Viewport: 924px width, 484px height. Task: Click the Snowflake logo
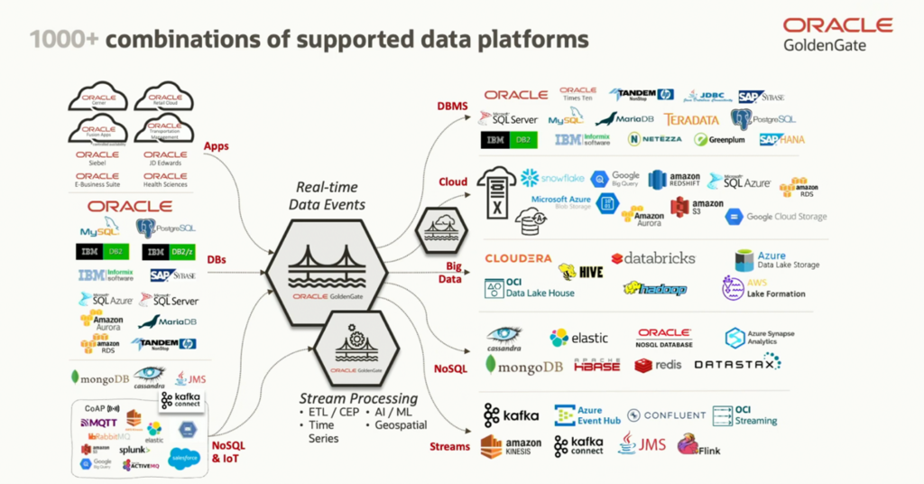tap(552, 178)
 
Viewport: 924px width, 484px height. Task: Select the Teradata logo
tap(691, 119)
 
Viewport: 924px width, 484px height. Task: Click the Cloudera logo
tap(518, 258)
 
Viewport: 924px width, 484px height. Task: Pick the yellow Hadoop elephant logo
tap(655, 288)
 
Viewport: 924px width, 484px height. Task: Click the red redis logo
tap(657, 365)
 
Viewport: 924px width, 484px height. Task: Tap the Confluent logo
tap(667, 415)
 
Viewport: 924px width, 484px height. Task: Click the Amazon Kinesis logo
tap(511, 446)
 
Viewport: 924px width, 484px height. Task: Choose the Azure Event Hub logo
tap(587, 415)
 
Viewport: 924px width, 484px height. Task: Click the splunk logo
tap(134, 450)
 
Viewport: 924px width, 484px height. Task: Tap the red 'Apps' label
tap(217, 146)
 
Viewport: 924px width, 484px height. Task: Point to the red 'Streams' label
tap(449, 446)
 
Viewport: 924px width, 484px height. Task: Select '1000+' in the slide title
tap(59, 40)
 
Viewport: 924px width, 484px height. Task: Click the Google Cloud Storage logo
tap(776, 217)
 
